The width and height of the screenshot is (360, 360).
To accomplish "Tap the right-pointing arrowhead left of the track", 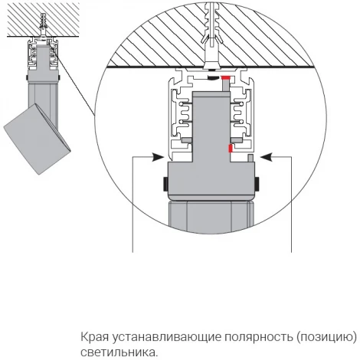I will click(x=157, y=156).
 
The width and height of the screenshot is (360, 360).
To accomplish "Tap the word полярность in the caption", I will click(x=257, y=338).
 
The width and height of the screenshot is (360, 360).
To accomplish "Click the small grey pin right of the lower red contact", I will click(x=250, y=158).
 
